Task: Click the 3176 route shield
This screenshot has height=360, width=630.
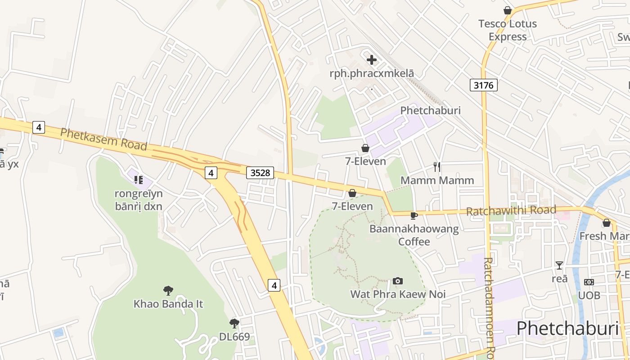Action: pyautogui.click(x=484, y=85)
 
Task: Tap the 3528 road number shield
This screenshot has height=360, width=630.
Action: pyautogui.click(x=260, y=172)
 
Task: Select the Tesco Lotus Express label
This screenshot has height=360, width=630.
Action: pyautogui.click(x=508, y=30)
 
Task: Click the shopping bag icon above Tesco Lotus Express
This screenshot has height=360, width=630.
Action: pyautogui.click(x=508, y=10)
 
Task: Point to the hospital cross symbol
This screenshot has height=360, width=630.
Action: pyautogui.click(x=372, y=59)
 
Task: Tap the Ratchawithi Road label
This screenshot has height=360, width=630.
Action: pyautogui.click(x=511, y=211)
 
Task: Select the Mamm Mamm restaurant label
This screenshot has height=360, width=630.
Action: pyautogui.click(x=437, y=180)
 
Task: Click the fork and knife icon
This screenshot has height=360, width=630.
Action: pyautogui.click(x=436, y=167)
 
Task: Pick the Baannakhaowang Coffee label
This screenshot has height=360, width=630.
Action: pyautogui.click(x=414, y=235)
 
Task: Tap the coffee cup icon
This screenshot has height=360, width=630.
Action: pyautogui.click(x=414, y=216)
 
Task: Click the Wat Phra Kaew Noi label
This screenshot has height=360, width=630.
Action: pyautogui.click(x=398, y=294)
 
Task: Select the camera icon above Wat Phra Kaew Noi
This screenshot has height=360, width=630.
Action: pyautogui.click(x=398, y=281)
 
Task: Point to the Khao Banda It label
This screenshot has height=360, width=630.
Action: pyautogui.click(x=168, y=304)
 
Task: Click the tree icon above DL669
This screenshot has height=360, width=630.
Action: pyautogui.click(x=234, y=323)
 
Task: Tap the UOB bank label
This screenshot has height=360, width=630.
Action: pyautogui.click(x=589, y=295)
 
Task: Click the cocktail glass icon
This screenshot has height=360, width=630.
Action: pyautogui.click(x=559, y=265)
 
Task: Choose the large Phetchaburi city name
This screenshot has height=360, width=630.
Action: pyautogui.click(x=567, y=329)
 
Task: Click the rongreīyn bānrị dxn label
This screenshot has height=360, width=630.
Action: pyautogui.click(x=139, y=200)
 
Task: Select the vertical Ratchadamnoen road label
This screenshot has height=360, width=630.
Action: pyautogui.click(x=489, y=306)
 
